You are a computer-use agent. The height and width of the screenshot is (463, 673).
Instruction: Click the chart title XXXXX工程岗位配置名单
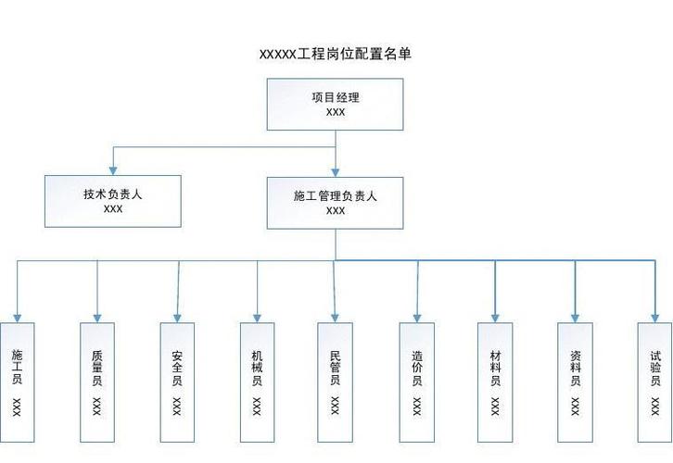click(x=335, y=55)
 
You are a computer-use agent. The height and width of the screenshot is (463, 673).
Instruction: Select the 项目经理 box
click(x=336, y=104)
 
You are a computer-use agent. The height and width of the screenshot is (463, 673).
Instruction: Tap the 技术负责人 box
click(x=113, y=201)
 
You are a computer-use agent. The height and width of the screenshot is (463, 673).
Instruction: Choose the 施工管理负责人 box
click(x=336, y=202)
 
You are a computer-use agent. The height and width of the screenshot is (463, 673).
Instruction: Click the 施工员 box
click(x=18, y=382)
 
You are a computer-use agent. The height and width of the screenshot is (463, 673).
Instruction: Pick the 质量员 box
click(x=97, y=382)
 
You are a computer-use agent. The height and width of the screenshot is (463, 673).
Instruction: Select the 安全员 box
click(x=177, y=382)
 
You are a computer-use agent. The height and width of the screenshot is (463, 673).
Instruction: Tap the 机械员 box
click(x=257, y=382)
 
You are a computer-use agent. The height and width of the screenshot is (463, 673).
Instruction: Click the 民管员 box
click(x=336, y=382)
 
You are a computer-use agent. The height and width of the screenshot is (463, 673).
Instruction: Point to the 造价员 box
click(x=417, y=382)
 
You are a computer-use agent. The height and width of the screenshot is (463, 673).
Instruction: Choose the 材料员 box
click(x=495, y=382)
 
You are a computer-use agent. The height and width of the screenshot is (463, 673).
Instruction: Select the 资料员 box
click(x=575, y=382)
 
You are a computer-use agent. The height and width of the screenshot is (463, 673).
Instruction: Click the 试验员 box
click(x=654, y=382)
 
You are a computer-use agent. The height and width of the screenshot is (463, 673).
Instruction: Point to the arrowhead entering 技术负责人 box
click(x=113, y=169)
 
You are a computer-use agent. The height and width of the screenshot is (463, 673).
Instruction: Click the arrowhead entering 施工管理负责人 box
click(x=336, y=170)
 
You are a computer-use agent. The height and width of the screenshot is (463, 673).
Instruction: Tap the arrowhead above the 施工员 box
click(x=18, y=316)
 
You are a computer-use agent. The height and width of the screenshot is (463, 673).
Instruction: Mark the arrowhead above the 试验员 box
click(x=654, y=316)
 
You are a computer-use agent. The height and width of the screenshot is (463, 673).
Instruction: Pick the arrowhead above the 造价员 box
click(x=417, y=316)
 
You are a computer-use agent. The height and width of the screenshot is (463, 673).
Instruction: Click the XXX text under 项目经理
click(x=336, y=112)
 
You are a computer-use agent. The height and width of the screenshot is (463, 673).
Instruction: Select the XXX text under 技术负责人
click(x=113, y=209)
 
